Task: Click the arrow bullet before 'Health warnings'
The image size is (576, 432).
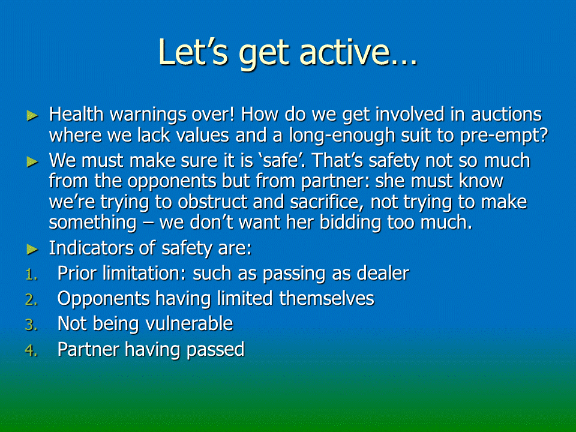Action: pos(32,116)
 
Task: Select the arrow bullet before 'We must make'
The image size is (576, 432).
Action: pos(32,161)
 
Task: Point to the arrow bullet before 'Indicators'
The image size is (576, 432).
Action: pos(32,250)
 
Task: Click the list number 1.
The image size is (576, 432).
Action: pos(32,274)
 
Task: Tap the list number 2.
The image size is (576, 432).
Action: pos(32,300)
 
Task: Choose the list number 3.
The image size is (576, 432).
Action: pos(32,325)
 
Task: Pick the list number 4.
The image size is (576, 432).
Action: pos(32,350)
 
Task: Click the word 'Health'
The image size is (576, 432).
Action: pos(76,114)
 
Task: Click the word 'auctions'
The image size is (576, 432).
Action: pos(506,114)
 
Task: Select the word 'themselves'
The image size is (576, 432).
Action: pos(326,298)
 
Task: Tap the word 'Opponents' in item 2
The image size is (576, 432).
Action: pos(104,299)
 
